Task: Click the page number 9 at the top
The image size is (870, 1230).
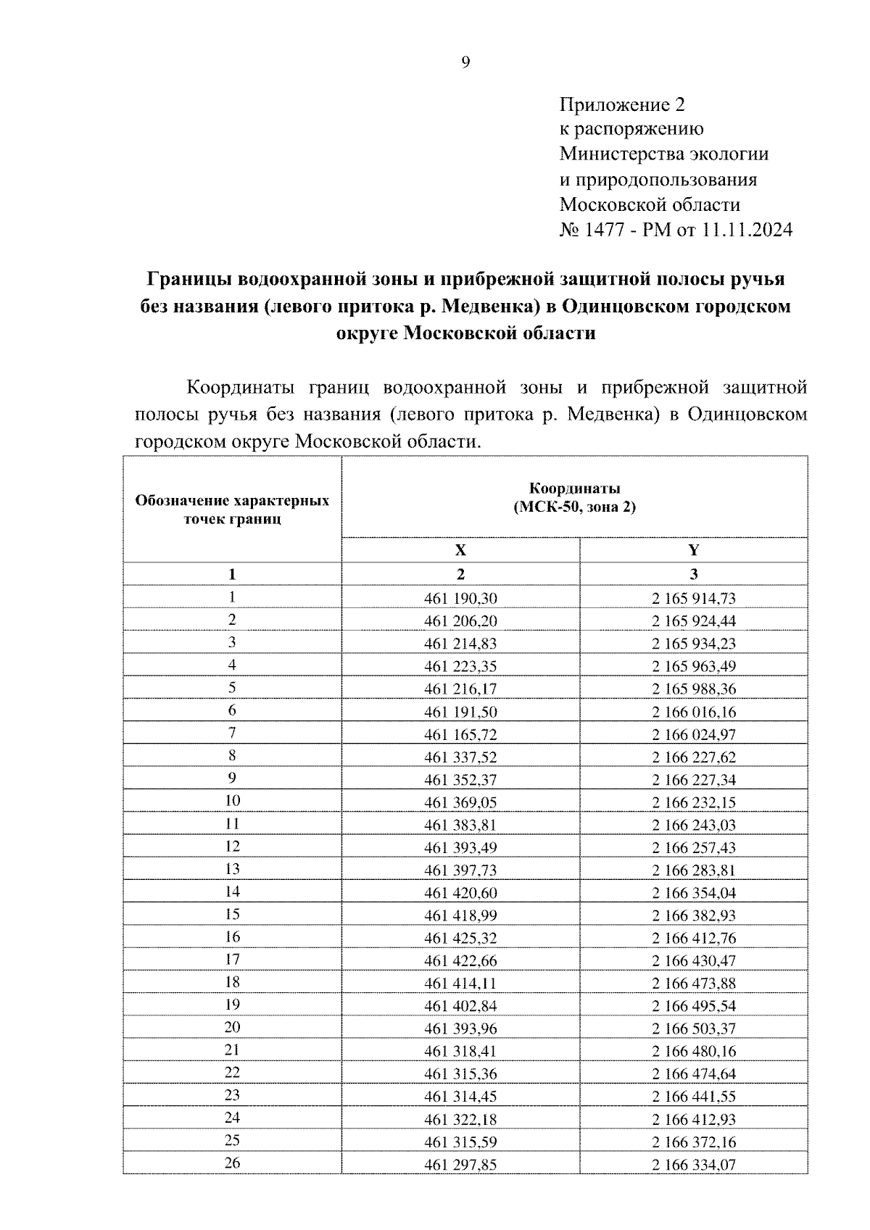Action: point(465,63)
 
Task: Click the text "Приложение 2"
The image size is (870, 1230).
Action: point(621,105)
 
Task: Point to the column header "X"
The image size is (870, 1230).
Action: point(460,549)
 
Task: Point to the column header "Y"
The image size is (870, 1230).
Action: point(694,549)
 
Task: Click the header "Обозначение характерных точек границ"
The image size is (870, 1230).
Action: point(232,510)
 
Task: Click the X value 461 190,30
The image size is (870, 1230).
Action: point(460,599)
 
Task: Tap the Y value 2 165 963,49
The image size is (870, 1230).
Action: point(694,666)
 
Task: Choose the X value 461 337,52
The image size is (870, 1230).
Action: point(460,757)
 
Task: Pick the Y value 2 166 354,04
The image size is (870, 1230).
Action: point(694,893)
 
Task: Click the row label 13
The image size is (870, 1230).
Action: point(232,869)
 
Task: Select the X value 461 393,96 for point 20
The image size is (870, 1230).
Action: point(460,1029)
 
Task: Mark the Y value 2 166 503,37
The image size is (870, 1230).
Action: point(694,1029)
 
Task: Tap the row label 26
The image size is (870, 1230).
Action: point(232,1163)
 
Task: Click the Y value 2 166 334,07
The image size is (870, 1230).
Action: point(694,1165)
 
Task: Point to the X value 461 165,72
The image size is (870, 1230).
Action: point(460,734)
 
